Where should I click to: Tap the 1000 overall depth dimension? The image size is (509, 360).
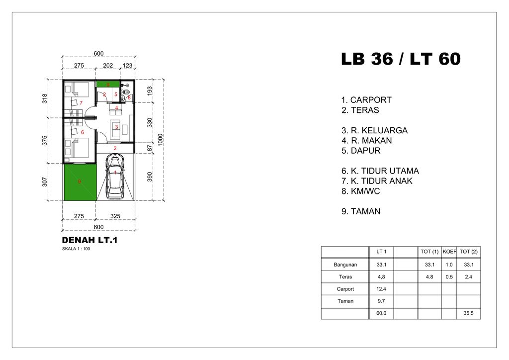pyautogui.click(x=161, y=139)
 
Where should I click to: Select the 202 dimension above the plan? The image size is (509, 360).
pyautogui.click(x=108, y=65)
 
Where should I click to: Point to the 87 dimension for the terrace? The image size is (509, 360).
pyautogui.click(x=150, y=148)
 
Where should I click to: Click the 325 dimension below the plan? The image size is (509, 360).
pyautogui.click(x=115, y=216)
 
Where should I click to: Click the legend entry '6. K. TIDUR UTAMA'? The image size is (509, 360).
pyautogui.click(x=380, y=171)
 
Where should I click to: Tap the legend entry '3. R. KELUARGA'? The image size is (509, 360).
pyautogui.click(x=374, y=130)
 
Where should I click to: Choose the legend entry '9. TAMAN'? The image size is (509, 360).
pyautogui.click(x=361, y=211)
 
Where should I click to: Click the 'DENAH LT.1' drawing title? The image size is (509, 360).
pyautogui.click(x=89, y=241)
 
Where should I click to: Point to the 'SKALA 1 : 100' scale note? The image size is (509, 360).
pyautogui.click(x=76, y=249)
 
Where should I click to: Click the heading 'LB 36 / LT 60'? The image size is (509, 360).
pyautogui.click(x=401, y=60)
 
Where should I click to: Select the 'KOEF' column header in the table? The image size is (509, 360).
pyautogui.click(x=449, y=252)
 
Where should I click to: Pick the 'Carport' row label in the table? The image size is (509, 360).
pyautogui.click(x=345, y=289)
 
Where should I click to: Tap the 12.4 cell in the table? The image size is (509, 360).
pyautogui.click(x=382, y=289)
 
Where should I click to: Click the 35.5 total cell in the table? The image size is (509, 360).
pyautogui.click(x=469, y=314)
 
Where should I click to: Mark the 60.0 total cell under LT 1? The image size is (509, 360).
pyautogui.click(x=382, y=314)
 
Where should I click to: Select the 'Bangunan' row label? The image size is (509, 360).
pyautogui.click(x=345, y=265)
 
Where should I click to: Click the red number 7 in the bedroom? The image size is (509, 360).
pyautogui.click(x=81, y=102)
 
